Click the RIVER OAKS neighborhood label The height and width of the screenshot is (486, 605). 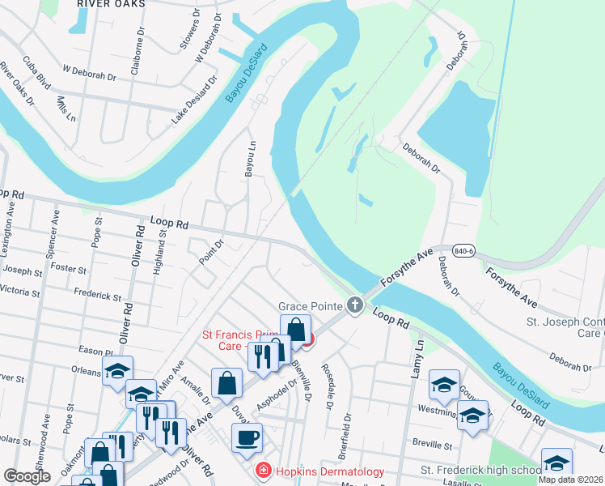point(111,4)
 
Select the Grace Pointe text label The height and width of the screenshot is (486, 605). point(311,306)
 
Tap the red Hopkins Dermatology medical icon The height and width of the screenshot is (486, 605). point(262,471)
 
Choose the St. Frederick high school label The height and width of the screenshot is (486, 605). point(480,470)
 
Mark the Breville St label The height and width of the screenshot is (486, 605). point(430,445)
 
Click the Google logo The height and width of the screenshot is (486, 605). point(27,477)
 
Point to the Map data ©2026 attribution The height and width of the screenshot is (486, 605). point(570,480)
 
